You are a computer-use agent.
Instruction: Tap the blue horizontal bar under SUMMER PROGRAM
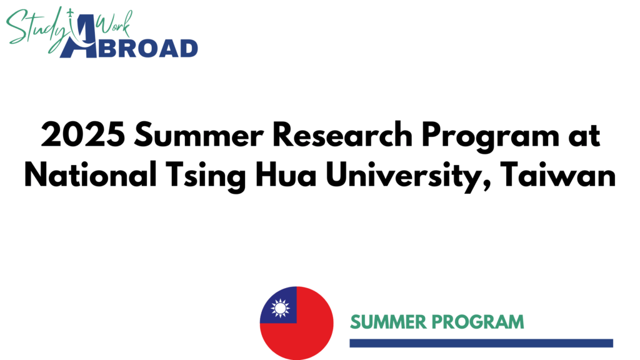pos(481,343)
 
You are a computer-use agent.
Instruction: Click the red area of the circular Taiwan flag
pos(306,337)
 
